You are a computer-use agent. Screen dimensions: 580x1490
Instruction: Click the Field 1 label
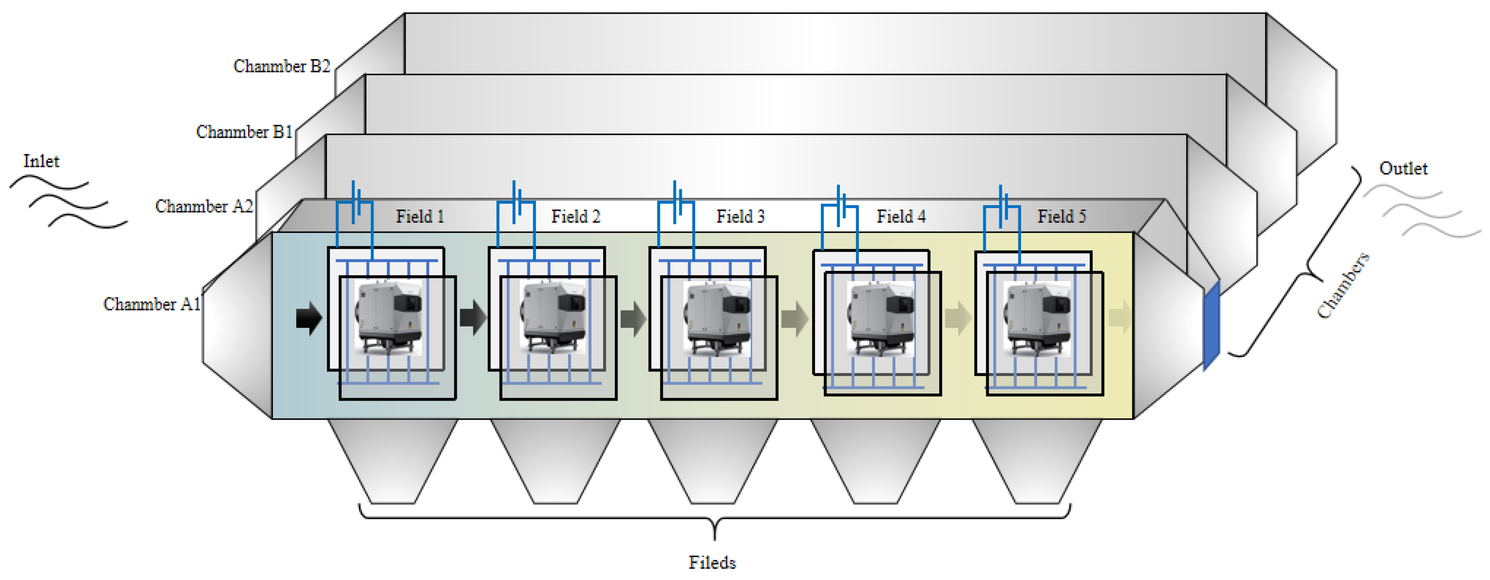coord(420,216)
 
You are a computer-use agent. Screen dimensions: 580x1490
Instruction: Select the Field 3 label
coord(740,216)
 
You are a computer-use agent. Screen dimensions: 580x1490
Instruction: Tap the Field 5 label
coord(1062,216)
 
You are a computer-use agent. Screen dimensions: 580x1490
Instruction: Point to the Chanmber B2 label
coord(281,66)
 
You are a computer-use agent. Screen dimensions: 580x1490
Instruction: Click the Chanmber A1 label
coord(152,304)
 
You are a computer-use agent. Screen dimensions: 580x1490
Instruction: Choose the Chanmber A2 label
coord(204,206)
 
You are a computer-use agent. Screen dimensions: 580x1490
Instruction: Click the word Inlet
coord(41,161)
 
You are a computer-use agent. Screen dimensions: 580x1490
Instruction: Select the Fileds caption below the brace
coord(712,562)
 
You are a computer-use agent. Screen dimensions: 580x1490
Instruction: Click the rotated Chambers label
coord(1343,286)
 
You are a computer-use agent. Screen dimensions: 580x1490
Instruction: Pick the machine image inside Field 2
coord(552,317)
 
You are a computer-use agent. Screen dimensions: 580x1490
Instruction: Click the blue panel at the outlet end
coord(1211,327)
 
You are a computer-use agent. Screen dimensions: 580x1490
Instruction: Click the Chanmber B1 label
coord(244,132)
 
